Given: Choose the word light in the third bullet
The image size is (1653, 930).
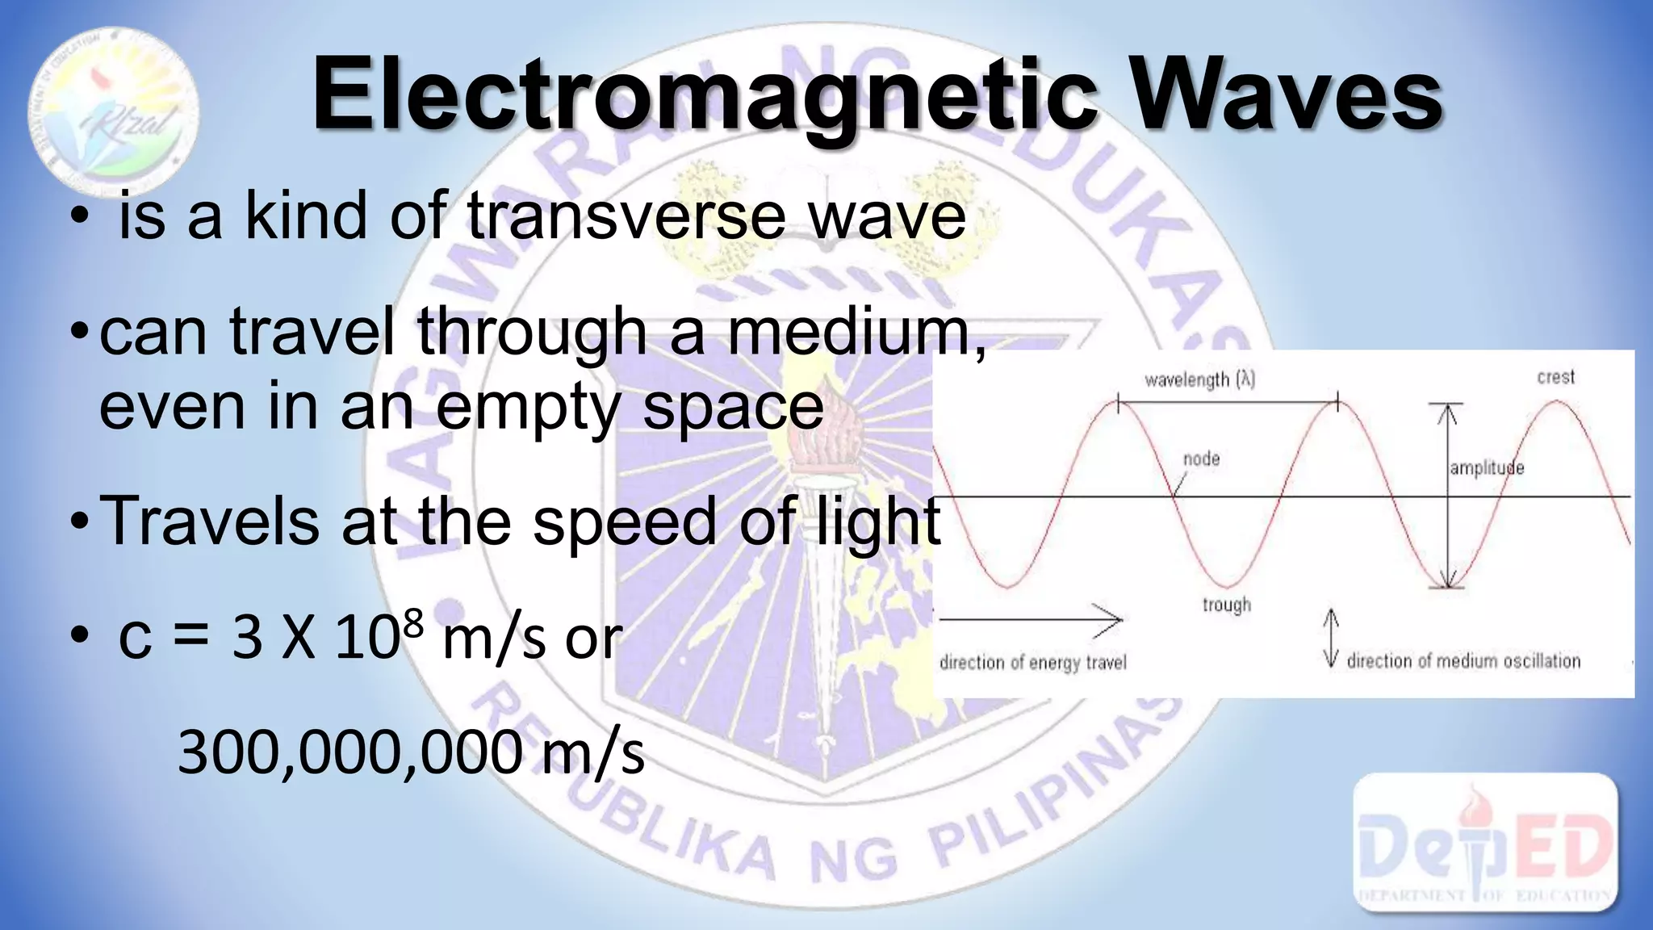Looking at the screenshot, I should coord(876,522).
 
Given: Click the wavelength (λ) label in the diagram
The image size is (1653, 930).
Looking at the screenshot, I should coord(1199,379).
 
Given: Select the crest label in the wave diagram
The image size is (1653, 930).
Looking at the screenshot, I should coord(1555,377).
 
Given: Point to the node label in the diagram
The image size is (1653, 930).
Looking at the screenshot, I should coord(1201,459).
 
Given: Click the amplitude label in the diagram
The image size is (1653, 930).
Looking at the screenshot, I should coord(1487,468).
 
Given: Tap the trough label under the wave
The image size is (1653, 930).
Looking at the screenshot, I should coord(1226,605).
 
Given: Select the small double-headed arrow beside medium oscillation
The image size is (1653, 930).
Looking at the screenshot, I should coord(1331,639).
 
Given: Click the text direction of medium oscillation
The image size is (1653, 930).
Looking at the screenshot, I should coord(1463,661).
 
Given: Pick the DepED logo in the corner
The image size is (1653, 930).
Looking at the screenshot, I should coord(1485,842).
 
